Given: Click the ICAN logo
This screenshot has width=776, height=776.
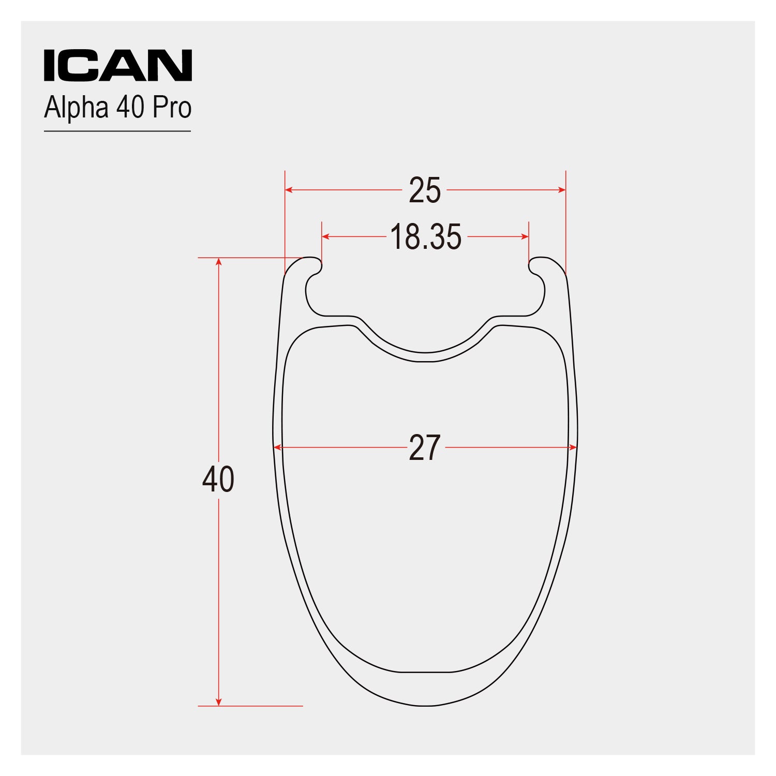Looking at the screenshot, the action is (x=118, y=65).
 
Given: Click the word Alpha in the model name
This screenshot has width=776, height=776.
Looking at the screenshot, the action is (x=76, y=108).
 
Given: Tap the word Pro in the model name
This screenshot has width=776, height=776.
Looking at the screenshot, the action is (x=172, y=107).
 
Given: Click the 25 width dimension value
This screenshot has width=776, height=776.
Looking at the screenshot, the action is (x=425, y=190).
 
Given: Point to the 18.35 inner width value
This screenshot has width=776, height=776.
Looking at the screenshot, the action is (x=426, y=237).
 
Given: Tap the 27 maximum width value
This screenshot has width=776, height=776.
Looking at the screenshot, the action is (x=425, y=448).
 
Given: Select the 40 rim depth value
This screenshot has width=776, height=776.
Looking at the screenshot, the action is (x=218, y=480).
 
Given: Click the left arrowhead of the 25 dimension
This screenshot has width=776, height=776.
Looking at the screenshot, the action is (x=289, y=190).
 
